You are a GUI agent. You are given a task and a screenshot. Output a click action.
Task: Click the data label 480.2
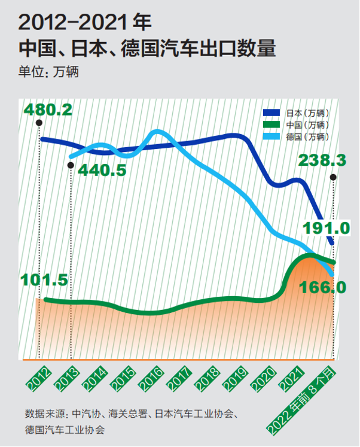click(48, 110)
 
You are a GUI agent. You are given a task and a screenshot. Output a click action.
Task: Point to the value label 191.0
click(325, 228)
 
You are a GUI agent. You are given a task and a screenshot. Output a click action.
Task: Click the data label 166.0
click(322, 287)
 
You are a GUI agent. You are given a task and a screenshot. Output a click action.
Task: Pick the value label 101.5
click(44, 280)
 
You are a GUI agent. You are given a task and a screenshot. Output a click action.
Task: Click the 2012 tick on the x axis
click(38, 377)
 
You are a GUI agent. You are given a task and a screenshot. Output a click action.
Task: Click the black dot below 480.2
click(39, 122)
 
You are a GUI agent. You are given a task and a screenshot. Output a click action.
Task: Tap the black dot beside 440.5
click(71, 166)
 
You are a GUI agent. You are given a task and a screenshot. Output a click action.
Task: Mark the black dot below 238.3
click(333, 177)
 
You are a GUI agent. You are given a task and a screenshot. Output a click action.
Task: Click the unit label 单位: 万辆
click(49, 72)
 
